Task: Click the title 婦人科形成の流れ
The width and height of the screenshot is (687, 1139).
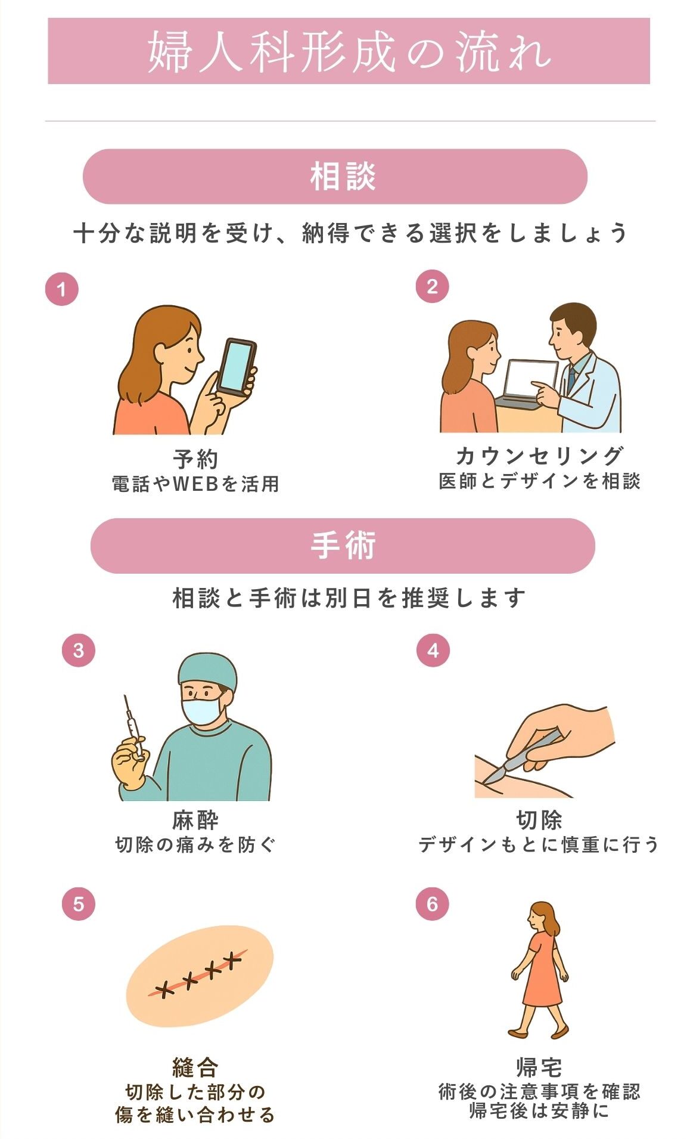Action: (349, 51)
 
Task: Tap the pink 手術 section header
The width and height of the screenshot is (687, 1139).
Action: (343, 546)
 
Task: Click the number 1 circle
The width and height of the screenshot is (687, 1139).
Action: (61, 289)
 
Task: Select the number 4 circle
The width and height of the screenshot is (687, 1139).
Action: (433, 650)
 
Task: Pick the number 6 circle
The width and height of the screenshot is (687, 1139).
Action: (433, 903)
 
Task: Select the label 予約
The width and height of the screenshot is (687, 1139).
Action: (195, 459)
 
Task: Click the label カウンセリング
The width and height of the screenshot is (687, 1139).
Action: (539, 456)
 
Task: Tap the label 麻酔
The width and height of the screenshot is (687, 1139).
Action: (195, 821)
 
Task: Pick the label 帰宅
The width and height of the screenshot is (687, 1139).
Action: (539, 1067)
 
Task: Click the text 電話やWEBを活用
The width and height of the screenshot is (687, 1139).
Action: (195, 484)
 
